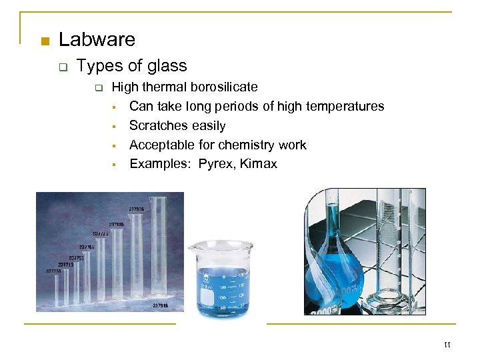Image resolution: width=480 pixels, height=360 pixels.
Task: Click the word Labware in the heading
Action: (x=97, y=40)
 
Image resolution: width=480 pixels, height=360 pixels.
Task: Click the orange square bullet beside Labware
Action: (x=45, y=42)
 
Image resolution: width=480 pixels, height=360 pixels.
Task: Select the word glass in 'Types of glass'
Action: (x=167, y=66)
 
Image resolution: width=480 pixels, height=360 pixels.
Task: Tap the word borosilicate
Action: (x=224, y=87)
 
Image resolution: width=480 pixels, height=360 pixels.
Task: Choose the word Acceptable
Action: (x=163, y=145)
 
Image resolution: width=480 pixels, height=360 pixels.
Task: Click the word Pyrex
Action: (x=211, y=164)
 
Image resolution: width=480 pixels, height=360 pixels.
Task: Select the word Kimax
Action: (x=259, y=164)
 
